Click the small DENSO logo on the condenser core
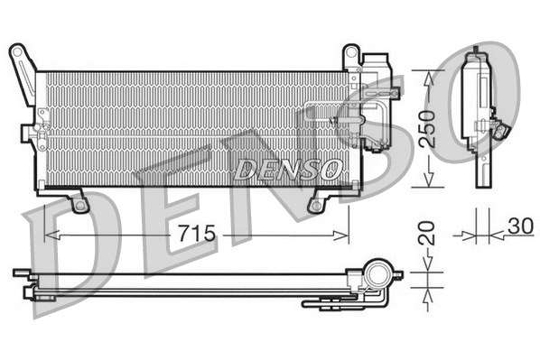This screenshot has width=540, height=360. (287, 168)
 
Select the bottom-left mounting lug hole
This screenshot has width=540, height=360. (79, 205)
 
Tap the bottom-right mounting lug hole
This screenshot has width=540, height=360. (315, 206)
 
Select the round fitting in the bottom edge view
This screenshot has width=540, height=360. (376, 272)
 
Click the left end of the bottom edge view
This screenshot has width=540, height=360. (18, 272)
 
